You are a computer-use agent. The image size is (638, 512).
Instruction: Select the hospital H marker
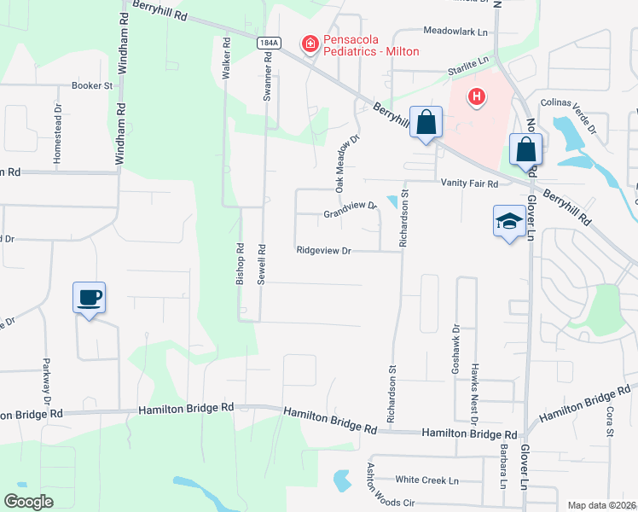pyautogui.click(x=477, y=99)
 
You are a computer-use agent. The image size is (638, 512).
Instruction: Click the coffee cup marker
pyautogui.click(x=90, y=299)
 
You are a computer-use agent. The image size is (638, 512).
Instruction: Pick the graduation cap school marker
pyautogui.click(x=509, y=222)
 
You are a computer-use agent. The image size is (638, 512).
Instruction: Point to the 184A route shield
pyautogui.click(x=268, y=42)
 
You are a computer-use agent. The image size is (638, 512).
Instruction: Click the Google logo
pyautogui.click(x=29, y=502)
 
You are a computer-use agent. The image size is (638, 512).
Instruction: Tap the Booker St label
pyautogui.click(x=92, y=86)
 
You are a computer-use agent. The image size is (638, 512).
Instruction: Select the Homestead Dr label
pyautogui.click(x=58, y=134)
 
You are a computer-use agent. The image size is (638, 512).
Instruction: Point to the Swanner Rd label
pyautogui.click(x=268, y=78)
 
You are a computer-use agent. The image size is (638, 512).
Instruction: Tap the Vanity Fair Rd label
pyautogui.click(x=468, y=183)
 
